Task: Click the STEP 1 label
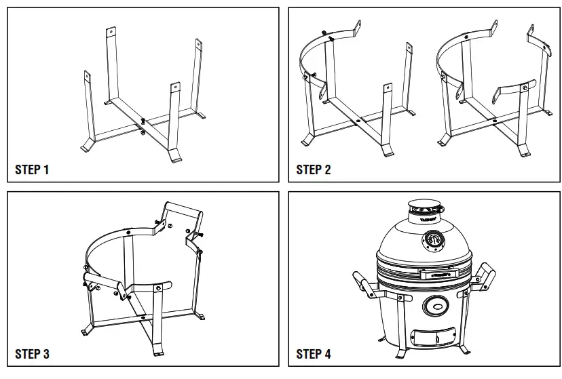click(x=32, y=169)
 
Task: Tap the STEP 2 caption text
click(x=314, y=169)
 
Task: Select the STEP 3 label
click(x=32, y=354)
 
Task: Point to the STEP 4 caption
click(x=314, y=354)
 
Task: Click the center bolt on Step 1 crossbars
click(x=143, y=122)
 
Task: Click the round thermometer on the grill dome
click(x=435, y=239)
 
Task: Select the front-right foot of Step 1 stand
click(x=175, y=157)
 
